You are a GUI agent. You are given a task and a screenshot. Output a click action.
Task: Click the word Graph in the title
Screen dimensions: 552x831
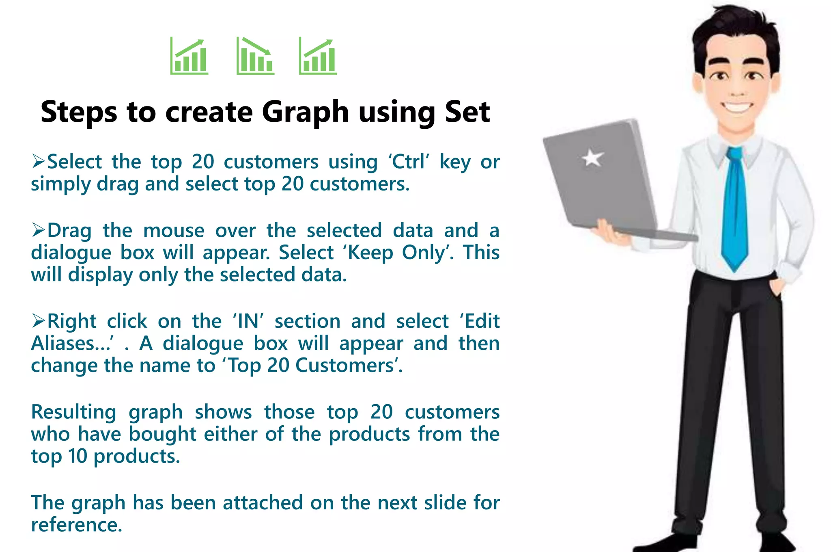305,113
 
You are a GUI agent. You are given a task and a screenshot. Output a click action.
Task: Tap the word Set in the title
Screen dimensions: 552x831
467,112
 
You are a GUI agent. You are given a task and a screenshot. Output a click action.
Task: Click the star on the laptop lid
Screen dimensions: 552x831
592,158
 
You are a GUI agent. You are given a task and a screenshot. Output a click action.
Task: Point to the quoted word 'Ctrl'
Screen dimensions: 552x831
409,162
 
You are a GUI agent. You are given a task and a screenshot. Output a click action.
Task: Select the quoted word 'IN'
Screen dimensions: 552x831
248,321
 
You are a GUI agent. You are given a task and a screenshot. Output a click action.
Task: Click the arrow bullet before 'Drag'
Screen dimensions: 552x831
39,230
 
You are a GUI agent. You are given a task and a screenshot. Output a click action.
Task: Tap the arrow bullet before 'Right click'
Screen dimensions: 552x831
39,321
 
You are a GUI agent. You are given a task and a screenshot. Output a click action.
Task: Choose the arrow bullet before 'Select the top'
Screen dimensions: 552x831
39,162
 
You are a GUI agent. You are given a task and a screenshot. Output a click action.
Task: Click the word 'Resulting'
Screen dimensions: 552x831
74,412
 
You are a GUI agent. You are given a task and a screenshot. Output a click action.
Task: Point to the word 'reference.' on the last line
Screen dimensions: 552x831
77,525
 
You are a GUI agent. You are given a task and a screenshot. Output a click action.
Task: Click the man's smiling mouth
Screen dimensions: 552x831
737,108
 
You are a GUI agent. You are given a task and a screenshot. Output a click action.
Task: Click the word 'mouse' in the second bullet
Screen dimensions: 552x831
174,231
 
